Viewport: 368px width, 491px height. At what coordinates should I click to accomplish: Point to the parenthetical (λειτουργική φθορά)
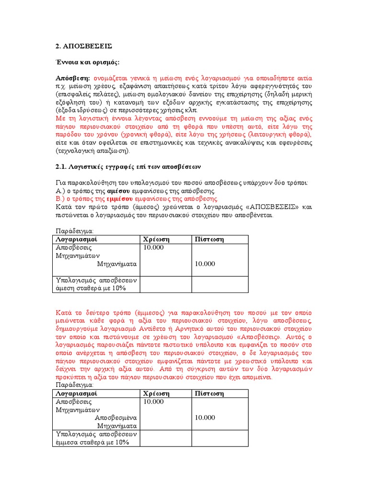pos(278,135)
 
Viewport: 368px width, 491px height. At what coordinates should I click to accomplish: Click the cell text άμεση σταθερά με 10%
pos(91,288)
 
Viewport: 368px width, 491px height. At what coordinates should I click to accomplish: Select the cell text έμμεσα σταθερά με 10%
pos(92,443)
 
